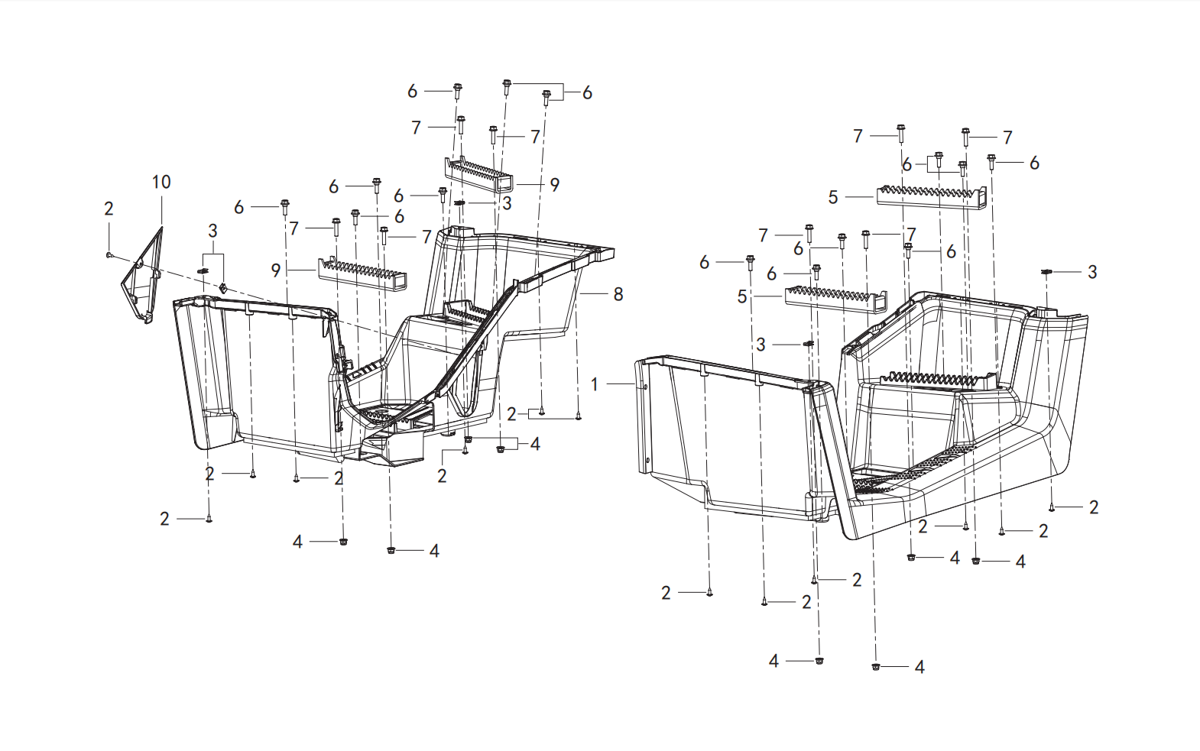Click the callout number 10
click(161, 182)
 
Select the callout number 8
click(618, 294)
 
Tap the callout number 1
click(594, 384)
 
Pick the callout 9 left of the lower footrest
click(276, 270)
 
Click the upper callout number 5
click(832, 198)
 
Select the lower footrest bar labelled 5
click(835, 300)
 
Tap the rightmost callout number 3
click(1093, 272)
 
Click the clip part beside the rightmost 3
click(1046, 272)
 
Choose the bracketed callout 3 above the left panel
click(212, 231)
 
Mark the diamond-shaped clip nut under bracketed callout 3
click(223, 288)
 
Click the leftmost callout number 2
click(109, 209)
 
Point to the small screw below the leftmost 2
click(109, 255)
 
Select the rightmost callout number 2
click(1094, 507)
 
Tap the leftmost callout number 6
click(239, 207)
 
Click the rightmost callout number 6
click(1034, 163)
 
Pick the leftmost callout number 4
click(297, 542)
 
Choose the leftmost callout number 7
click(294, 228)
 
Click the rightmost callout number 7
click(1007, 138)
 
